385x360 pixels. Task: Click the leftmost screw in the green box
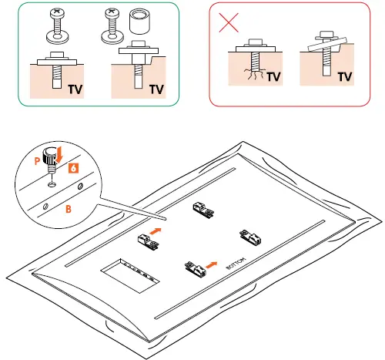[x=55, y=27]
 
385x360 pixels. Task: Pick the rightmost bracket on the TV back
[x=250, y=235]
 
